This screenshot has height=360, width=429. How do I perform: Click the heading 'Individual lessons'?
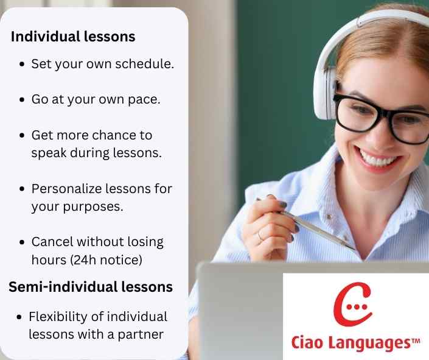click(x=73, y=37)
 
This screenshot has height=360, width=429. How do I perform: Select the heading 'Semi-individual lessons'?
click(x=91, y=286)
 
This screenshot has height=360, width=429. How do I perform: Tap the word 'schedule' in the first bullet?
click(x=148, y=63)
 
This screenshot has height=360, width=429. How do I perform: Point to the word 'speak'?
click(x=48, y=152)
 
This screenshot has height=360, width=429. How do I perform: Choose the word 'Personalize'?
click(x=68, y=189)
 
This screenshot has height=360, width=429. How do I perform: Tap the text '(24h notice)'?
click(x=106, y=259)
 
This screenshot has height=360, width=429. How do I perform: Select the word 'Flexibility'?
click(x=65, y=317)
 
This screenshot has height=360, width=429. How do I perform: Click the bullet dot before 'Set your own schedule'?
click(x=23, y=64)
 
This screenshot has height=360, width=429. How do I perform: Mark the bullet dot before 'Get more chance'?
click(x=23, y=135)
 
